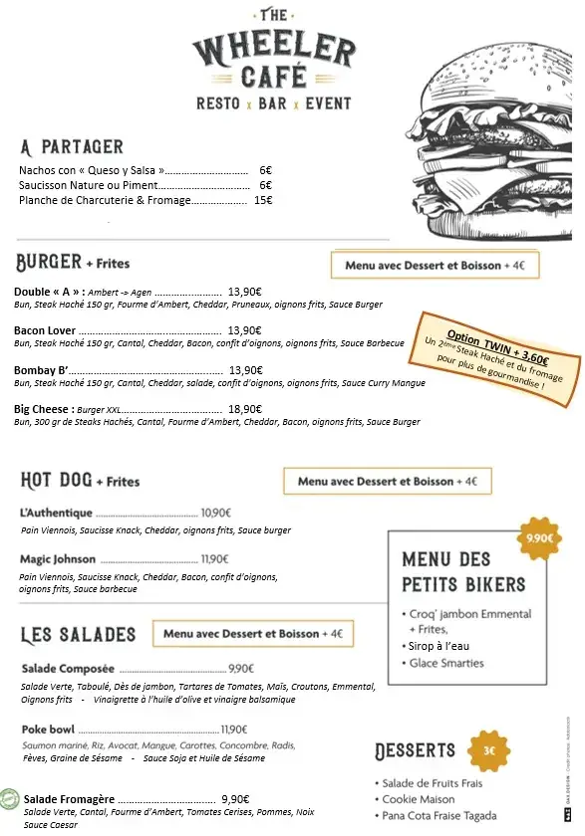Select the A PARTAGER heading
[x=71, y=147]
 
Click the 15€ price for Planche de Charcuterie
[x=263, y=200]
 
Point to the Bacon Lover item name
[x=45, y=330]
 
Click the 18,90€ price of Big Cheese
[x=244, y=409]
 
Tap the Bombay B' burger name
[x=40, y=370]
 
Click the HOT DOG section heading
[x=56, y=481]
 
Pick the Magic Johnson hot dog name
[x=58, y=559]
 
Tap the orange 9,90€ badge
[x=539, y=539]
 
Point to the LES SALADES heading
[x=78, y=634]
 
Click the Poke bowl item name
[x=47, y=730]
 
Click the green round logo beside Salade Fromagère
[x=10, y=798]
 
